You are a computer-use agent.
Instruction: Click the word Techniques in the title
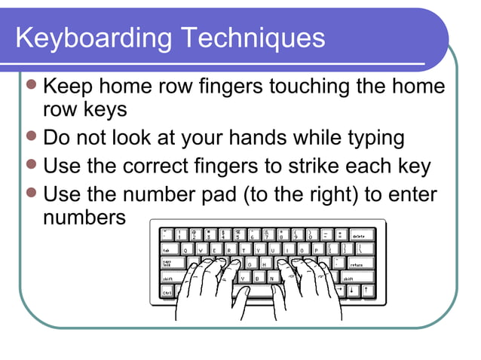[259, 38]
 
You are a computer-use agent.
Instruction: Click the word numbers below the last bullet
[84, 218]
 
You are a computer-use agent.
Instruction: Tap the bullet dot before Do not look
[31, 137]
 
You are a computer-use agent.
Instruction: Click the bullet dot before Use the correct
[31, 166]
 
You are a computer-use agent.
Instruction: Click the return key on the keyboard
[357, 264]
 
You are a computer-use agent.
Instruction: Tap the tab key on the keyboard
[167, 249]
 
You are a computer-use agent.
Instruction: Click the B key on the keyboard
[257, 278]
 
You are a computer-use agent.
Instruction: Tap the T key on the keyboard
[244, 249]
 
